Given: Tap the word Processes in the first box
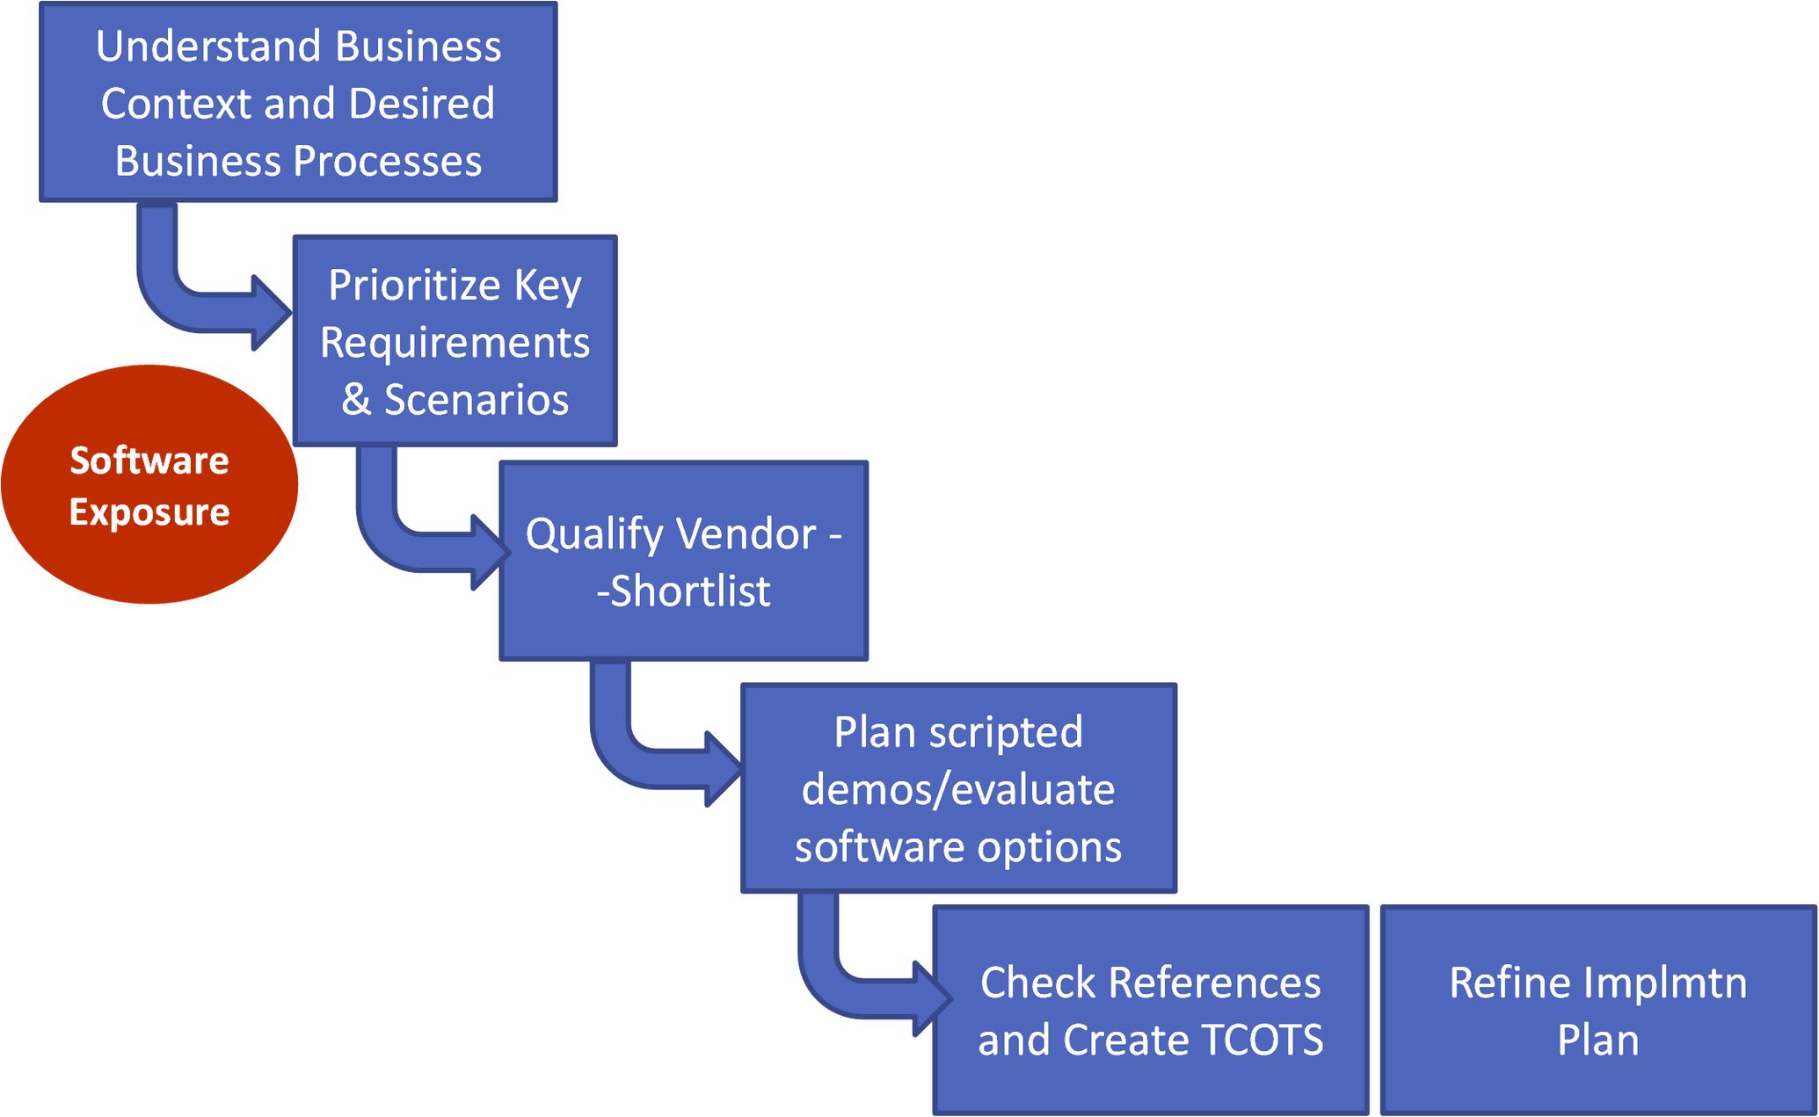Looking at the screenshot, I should click(x=387, y=162).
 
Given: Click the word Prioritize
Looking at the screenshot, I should click(x=414, y=286).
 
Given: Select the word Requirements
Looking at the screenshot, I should click(x=455, y=343).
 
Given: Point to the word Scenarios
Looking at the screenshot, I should click(x=477, y=400).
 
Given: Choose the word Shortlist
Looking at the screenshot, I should click(x=689, y=591).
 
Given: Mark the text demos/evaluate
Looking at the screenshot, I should click(x=958, y=789).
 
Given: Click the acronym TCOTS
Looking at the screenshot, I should click(x=1261, y=1041).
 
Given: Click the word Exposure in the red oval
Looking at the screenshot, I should click(x=149, y=512).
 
